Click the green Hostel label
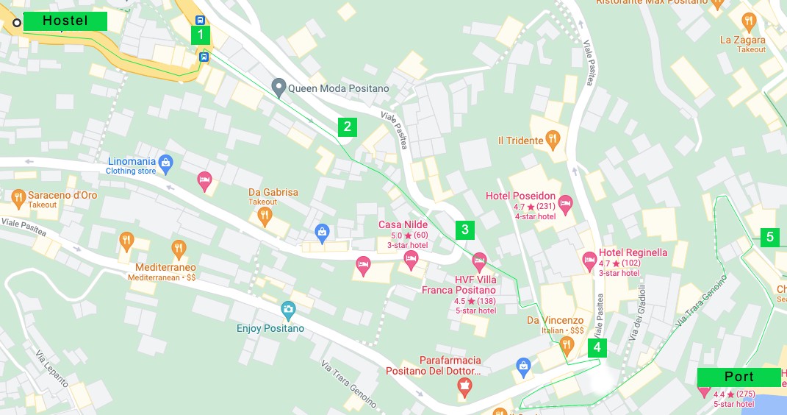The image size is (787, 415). (x=65, y=21)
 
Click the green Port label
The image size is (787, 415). (x=739, y=377)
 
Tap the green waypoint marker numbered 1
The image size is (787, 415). (x=201, y=35)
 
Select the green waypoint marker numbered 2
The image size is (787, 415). (x=348, y=127)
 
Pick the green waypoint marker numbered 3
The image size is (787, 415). (x=465, y=230)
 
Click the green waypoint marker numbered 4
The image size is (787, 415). (x=597, y=347)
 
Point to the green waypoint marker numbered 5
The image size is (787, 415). (x=770, y=237)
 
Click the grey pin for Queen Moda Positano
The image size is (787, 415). (x=278, y=88)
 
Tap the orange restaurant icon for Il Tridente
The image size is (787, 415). (x=554, y=138)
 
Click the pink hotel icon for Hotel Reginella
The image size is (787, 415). (x=589, y=259)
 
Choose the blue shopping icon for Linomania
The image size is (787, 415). (x=165, y=162)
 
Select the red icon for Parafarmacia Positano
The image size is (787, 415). (x=464, y=388)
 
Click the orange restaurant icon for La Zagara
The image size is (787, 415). (x=749, y=21)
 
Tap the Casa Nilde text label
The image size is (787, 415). (x=403, y=224)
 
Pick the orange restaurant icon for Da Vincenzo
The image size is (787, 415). (x=566, y=344)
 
